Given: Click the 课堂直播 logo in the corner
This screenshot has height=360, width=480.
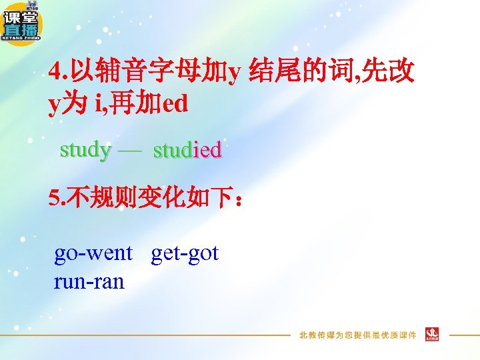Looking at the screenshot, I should click(22, 23).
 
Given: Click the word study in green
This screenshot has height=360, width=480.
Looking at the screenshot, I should click(85, 149).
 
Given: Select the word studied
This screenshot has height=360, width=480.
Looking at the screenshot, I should click(187, 150).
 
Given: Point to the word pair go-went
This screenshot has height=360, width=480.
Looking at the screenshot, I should click(93, 253).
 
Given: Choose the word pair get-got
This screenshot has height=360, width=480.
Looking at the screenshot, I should click(185, 253).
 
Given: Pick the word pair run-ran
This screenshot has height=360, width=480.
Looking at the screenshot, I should click(89, 281).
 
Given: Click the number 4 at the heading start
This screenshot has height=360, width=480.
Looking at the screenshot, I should click(54, 70).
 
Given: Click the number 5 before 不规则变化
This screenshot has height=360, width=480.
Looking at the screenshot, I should click(53, 198).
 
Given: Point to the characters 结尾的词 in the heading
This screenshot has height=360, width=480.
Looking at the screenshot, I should click(293, 69).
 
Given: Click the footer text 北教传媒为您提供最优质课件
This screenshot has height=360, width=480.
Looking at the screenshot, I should click(357, 335).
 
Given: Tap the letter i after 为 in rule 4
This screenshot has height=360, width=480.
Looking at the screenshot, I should click(98, 105).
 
